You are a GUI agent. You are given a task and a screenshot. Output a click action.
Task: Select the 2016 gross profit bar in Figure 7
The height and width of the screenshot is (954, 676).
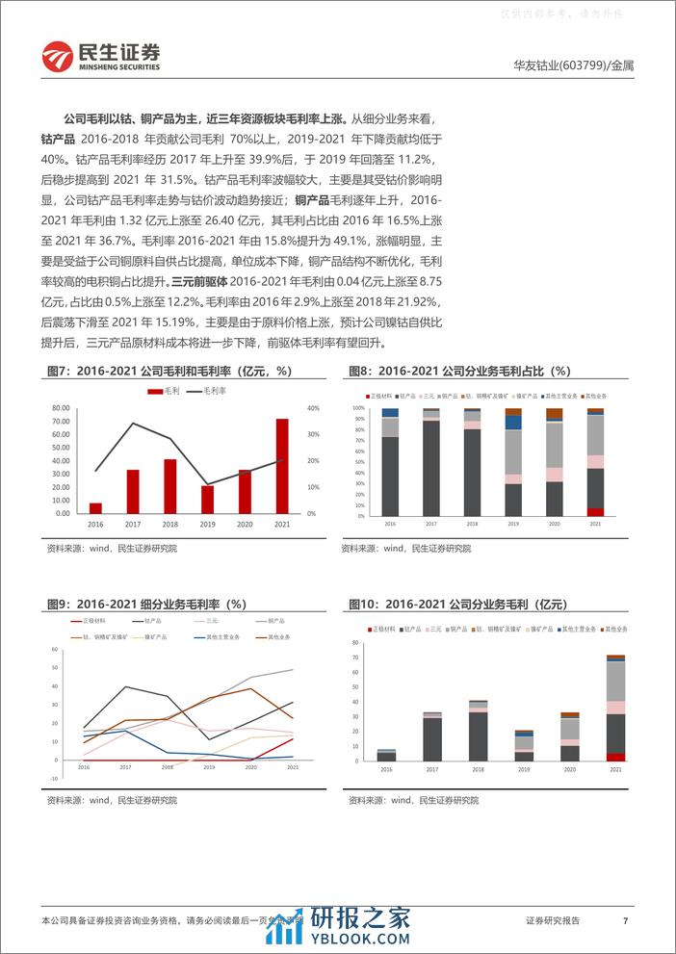pyautogui.click(x=95, y=507)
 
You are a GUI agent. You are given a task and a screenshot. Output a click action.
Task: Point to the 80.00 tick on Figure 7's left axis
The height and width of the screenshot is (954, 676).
pyautogui.click(x=61, y=408)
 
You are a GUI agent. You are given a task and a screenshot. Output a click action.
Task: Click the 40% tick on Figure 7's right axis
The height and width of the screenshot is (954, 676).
pyautogui.click(x=312, y=408)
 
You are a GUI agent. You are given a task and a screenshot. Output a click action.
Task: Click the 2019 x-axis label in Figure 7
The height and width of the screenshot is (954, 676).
pyautogui.click(x=207, y=523)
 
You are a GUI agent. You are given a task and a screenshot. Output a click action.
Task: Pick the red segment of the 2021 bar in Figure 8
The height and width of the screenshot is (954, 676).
pyautogui.click(x=596, y=512)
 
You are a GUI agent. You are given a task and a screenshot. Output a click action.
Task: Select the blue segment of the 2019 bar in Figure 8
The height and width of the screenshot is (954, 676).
pyautogui.click(x=513, y=423)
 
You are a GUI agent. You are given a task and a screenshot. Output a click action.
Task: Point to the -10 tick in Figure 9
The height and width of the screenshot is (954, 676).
pyautogui.click(x=56, y=779)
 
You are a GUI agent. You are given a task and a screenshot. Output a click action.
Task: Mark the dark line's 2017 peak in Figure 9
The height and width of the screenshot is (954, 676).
pyautogui.click(x=124, y=686)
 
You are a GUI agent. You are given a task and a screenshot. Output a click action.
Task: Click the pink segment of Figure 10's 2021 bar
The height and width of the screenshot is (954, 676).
pyautogui.click(x=615, y=708)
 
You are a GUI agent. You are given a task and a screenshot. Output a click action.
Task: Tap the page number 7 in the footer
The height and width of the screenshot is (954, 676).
pyautogui.click(x=626, y=921)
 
